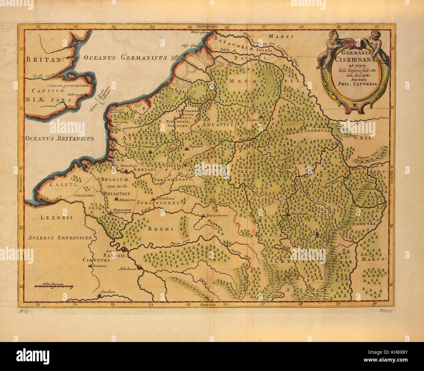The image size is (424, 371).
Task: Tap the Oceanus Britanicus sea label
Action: point(60,138)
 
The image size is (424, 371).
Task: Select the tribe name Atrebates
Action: point(145,138)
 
